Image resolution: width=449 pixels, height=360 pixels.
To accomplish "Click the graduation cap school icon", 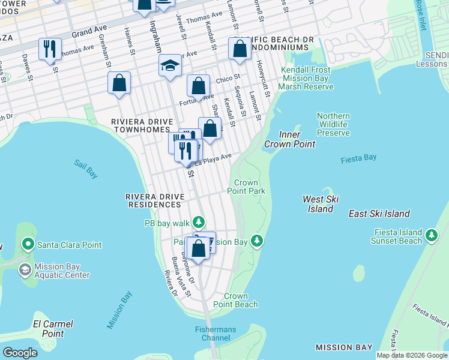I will tap(170, 65).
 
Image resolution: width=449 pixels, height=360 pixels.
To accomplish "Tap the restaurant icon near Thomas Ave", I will tap(50, 49).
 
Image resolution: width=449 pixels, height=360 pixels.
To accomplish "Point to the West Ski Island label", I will tap(321, 204).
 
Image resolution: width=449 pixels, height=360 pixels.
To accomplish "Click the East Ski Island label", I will tap(379, 214).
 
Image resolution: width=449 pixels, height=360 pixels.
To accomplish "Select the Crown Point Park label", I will tap(246, 187).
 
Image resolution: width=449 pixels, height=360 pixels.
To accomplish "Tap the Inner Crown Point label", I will tap(290, 139).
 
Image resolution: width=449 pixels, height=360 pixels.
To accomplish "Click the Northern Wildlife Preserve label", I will tap(333, 124).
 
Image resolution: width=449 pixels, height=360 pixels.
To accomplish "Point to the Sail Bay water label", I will tap(86, 168).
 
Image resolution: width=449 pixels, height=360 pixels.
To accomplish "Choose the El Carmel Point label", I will tap(53, 328).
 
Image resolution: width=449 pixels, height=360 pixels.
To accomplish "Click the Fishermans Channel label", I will tap(215, 334).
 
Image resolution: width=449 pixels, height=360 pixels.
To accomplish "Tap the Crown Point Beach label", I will tap(240, 300).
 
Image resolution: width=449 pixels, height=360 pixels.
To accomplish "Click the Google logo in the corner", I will tap(20, 353).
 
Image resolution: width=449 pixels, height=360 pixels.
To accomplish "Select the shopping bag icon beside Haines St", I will tap(119, 83).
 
